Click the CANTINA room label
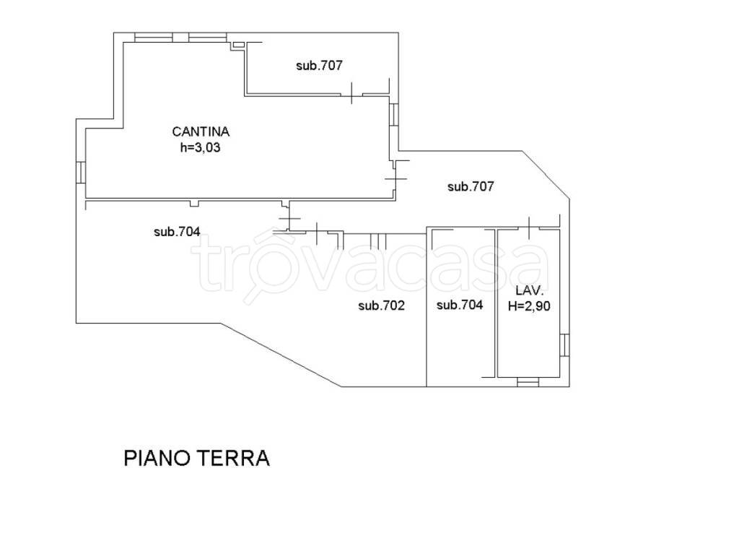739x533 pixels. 201,131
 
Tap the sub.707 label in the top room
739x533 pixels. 318,65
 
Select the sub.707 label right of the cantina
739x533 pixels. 471,186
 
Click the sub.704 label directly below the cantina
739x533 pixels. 177,232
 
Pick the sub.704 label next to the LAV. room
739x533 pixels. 460,305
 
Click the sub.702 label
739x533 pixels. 381,305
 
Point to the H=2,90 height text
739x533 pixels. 530,305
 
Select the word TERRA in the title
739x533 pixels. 232,458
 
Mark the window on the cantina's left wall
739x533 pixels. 81,172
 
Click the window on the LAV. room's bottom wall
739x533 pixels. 529,381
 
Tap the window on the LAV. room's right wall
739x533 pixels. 566,345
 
